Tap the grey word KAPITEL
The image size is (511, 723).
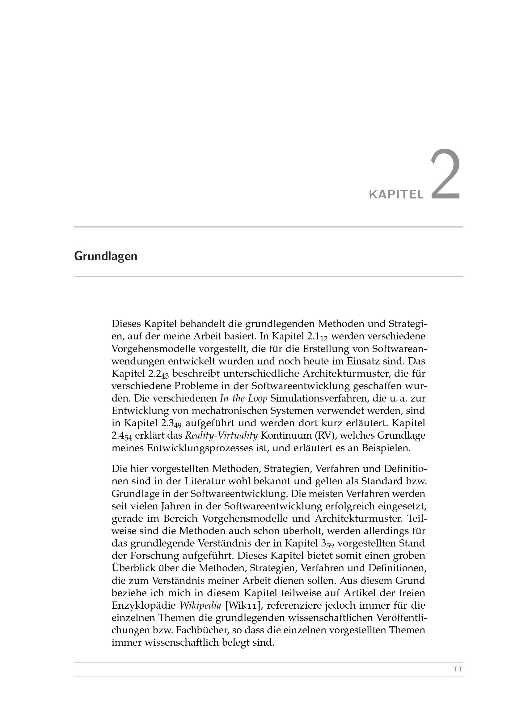396,195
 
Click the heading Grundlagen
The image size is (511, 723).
106,256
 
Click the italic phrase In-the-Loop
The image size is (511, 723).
243,398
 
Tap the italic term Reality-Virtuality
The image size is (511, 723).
221,436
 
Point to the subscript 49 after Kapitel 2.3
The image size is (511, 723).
177,425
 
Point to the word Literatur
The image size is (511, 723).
204,481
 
